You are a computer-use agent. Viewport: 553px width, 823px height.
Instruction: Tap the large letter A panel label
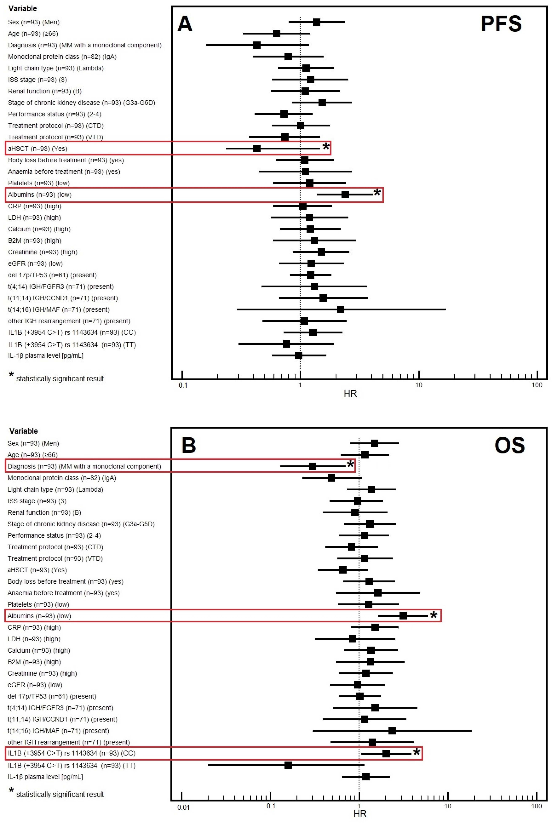(x=185, y=24)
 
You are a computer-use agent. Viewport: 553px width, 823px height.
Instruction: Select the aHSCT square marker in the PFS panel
(x=257, y=148)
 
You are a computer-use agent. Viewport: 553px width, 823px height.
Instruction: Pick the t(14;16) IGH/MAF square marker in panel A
(x=340, y=309)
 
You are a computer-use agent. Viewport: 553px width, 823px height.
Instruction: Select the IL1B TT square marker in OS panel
(x=288, y=765)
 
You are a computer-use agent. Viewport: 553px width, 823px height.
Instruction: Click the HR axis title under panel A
(x=350, y=394)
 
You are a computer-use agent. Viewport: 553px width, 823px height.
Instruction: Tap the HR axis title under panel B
(x=360, y=814)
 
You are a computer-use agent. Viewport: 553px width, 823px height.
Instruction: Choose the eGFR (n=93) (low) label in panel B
(x=35, y=685)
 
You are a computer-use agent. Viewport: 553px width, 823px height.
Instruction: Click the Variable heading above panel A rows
(x=23, y=8)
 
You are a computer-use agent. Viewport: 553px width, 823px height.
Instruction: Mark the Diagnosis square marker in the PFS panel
(x=257, y=45)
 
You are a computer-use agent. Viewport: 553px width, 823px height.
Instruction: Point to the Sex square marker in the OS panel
(x=375, y=443)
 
